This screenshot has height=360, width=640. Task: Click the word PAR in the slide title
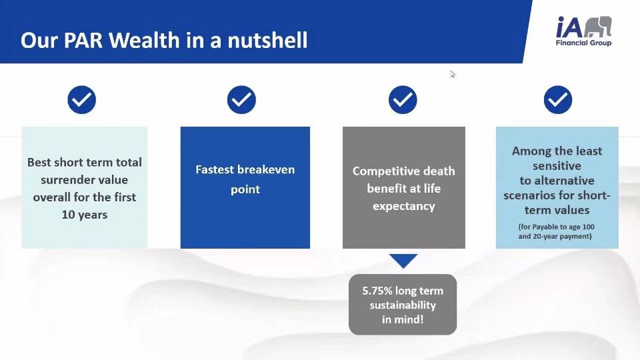click(x=83, y=41)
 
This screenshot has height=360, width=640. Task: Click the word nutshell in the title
click(x=267, y=40)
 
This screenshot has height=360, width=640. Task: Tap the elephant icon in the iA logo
click(x=598, y=27)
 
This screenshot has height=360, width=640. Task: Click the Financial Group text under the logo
click(x=584, y=43)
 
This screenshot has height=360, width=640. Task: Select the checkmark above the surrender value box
click(x=81, y=99)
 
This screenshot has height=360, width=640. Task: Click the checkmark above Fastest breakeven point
click(x=241, y=99)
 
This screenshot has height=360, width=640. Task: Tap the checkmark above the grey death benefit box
click(x=403, y=99)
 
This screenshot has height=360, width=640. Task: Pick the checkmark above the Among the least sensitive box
click(x=558, y=99)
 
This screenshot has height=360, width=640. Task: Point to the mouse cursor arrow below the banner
click(x=452, y=74)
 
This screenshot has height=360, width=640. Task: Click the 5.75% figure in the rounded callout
click(x=377, y=291)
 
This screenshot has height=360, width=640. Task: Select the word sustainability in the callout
click(x=403, y=305)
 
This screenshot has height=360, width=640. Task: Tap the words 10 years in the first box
click(x=85, y=215)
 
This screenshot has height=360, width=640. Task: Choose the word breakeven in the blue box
click(x=268, y=169)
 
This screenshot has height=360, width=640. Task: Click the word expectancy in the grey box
click(x=404, y=206)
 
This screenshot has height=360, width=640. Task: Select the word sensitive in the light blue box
click(x=557, y=166)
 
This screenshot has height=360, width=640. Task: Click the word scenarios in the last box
click(x=529, y=195)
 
